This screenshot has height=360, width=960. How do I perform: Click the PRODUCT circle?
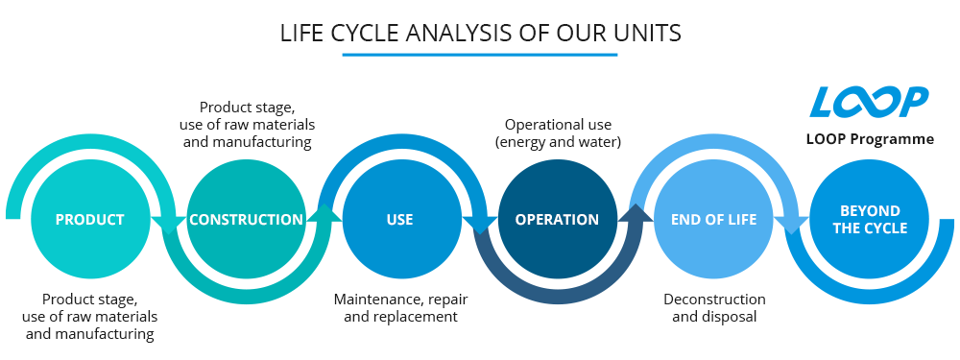(x=90, y=219)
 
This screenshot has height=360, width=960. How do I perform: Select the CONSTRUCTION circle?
(x=246, y=219)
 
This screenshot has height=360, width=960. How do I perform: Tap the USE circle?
(x=400, y=219)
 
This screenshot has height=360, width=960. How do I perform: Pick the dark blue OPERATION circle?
(x=557, y=219)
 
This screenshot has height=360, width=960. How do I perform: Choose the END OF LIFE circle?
(x=713, y=219)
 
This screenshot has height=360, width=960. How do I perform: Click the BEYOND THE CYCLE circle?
(x=870, y=219)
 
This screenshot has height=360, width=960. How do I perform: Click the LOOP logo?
(x=869, y=102)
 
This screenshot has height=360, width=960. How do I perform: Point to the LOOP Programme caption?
(x=870, y=139)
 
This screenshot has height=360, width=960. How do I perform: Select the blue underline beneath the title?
(x=480, y=55)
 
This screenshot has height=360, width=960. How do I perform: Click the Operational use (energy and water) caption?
(x=559, y=133)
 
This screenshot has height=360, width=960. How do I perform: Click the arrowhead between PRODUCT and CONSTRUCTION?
(x=170, y=225)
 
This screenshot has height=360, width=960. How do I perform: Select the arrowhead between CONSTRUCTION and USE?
(x=324, y=212)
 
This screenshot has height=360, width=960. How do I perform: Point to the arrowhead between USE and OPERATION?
(x=479, y=225)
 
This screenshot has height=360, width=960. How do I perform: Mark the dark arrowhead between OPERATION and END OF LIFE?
(x=635, y=212)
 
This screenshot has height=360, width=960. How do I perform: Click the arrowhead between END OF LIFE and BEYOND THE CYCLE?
(x=791, y=225)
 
